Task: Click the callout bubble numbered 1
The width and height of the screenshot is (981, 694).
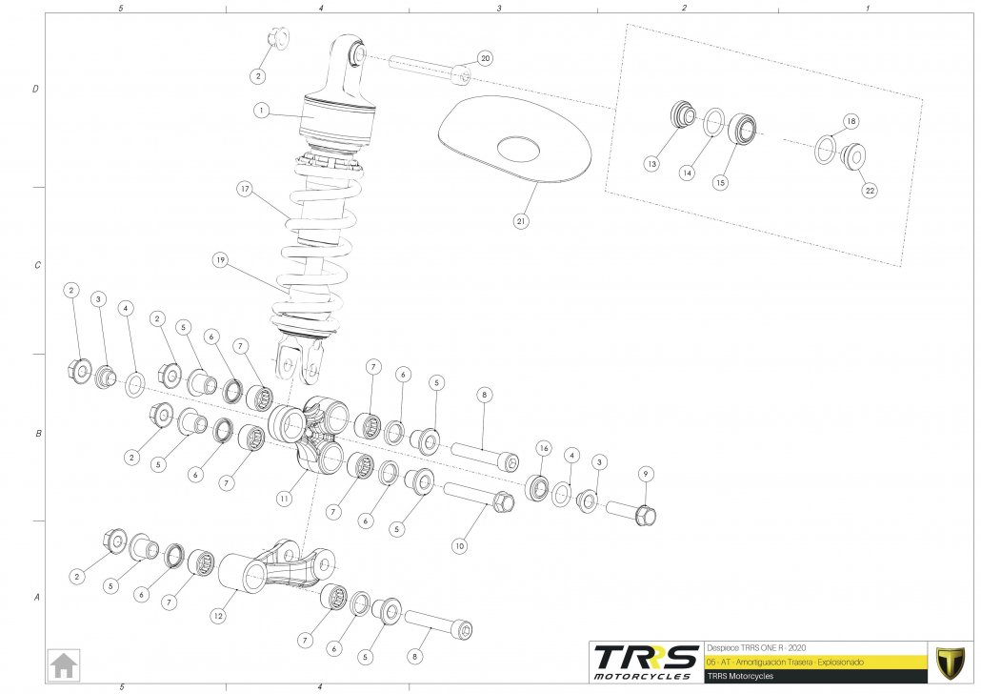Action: coord(259,111)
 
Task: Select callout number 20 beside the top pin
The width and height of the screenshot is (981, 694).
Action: coord(485,58)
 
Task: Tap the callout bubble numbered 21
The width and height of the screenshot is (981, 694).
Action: coord(521,221)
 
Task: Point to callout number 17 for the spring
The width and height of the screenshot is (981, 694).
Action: coord(245,189)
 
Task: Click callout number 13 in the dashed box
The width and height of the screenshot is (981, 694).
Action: coord(651,164)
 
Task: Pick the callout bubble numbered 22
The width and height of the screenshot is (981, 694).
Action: coord(870,191)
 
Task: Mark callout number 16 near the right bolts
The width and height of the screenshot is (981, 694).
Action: coord(544,447)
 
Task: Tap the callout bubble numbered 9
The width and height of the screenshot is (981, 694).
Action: coord(645,473)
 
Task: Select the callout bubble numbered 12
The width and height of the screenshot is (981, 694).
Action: coord(218,617)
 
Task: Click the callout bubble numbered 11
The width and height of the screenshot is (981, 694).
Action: coord(283,499)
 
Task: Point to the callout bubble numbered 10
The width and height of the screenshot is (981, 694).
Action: coord(459,546)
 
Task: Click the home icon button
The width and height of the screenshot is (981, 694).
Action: coord(65,663)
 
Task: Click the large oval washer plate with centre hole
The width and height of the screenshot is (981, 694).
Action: coord(515,142)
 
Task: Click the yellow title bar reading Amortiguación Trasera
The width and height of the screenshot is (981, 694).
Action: coord(814,662)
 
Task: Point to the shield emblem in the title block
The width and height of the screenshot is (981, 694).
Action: coord(950,662)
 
